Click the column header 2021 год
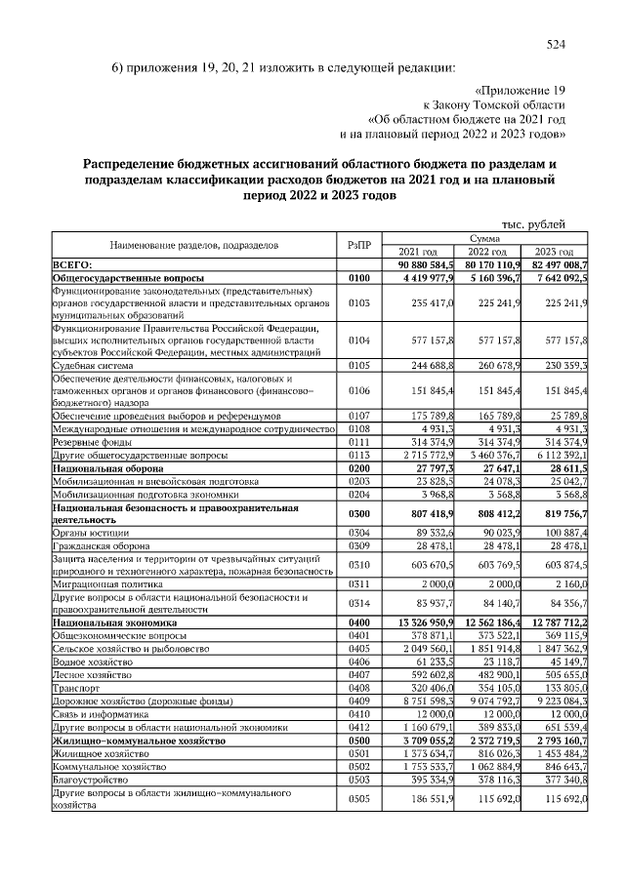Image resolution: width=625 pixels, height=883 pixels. [418, 251]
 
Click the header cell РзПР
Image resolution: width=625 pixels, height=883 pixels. [359, 244]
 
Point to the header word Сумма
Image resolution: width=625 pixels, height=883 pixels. [485, 237]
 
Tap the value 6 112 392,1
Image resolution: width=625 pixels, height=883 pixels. [556, 455]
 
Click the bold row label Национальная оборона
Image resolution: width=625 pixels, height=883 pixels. [109, 468]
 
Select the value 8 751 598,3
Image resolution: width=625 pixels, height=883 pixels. [425, 700]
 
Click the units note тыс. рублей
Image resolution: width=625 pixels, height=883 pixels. [533, 223]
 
